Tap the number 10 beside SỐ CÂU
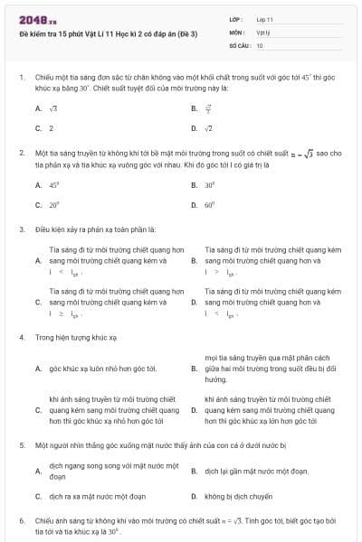pyautogui.click(x=261, y=44)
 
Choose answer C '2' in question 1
pyautogui.click(x=52, y=128)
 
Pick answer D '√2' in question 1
pyautogui.click(x=208, y=128)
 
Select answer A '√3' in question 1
pyautogui.click(x=52, y=108)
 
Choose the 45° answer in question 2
pyautogui.click(x=53, y=184)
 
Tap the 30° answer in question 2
pyautogui.click(x=209, y=184)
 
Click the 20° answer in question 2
pyautogui.click(x=53, y=204)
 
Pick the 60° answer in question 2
pyautogui.click(x=209, y=204)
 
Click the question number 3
pyautogui.click(x=21, y=229)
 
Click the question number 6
pyautogui.click(x=21, y=521)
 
